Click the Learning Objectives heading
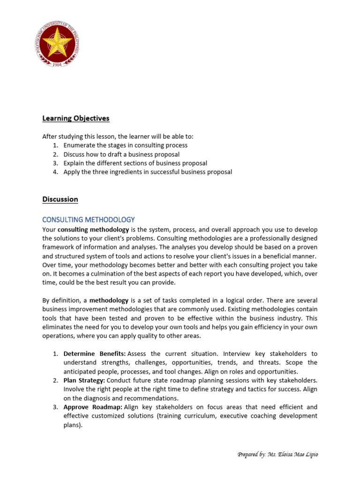click(x=76, y=118)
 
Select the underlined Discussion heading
click(x=60, y=199)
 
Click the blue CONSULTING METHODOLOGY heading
click(x=89, y=219)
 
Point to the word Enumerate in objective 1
click(x=80, y=145)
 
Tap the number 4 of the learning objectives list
click(x=55, y=172)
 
